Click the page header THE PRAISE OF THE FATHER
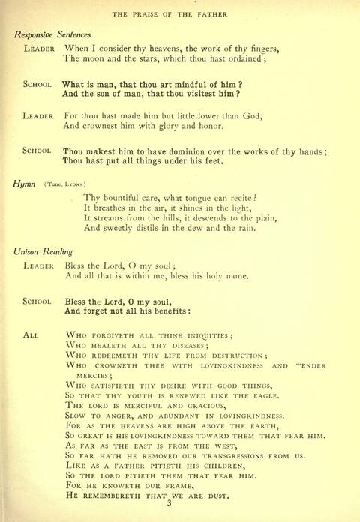[180, 14]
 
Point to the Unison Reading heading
[46, 251]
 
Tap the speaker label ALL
[31, 334]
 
